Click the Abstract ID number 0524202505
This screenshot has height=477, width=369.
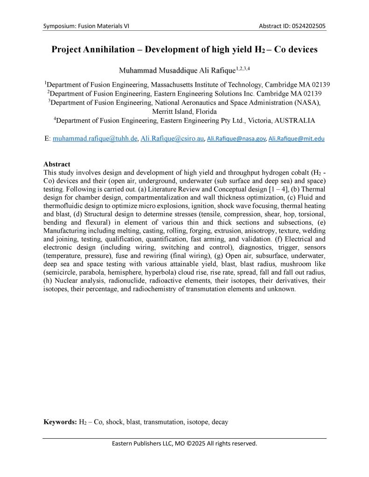pos(306,26)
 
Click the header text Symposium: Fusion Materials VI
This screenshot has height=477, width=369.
pos(86,26)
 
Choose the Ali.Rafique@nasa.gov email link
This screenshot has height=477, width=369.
pos(237,138)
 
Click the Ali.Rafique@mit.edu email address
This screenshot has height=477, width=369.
pos(297,138)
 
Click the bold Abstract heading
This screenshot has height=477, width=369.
pos(57,164)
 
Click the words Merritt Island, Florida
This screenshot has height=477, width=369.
pos(184,111)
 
